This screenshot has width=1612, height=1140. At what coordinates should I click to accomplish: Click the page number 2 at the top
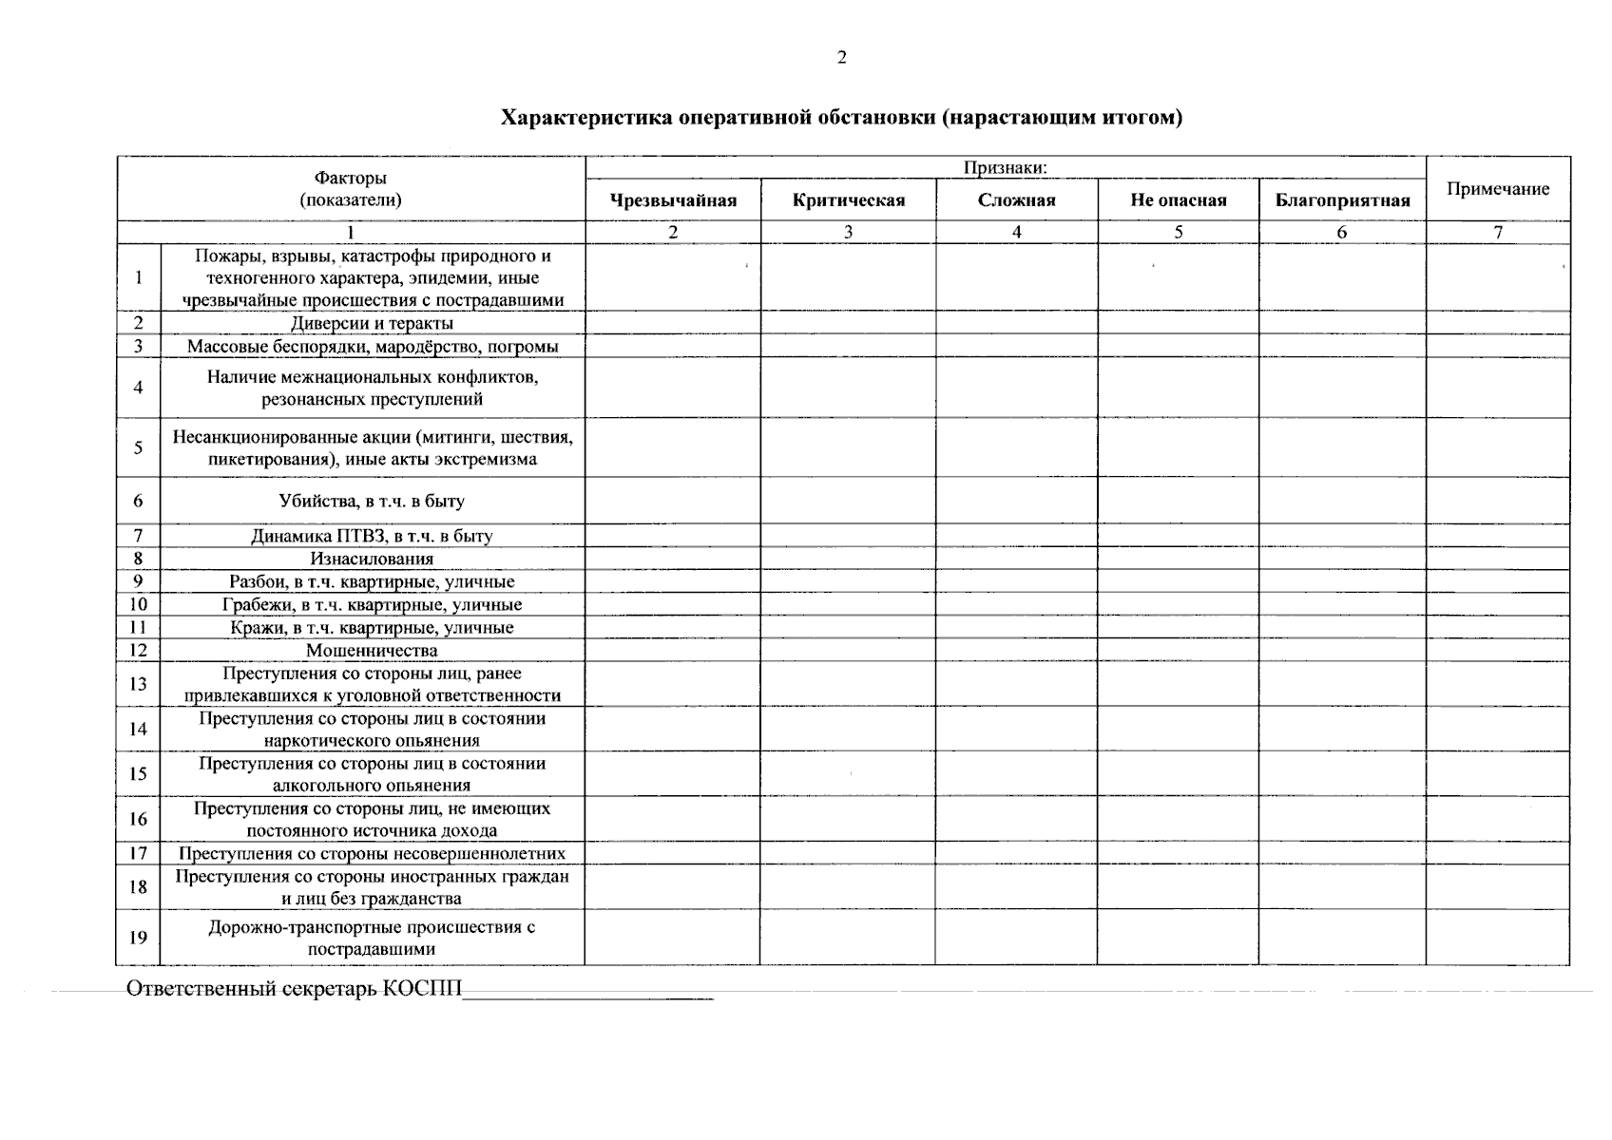pyautogui.click(x=841, y=58)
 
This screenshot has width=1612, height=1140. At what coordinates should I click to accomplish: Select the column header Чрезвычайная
pyautogui.click(x=673, y=200)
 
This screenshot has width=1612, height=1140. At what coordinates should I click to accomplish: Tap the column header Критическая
pyautogui.click(x=848, y=200)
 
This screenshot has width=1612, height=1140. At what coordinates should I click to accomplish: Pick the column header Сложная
pyautogui.click(x=1016, y=200)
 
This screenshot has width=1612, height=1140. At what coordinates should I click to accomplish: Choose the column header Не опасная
pyautogui.click(x=1178, y=200)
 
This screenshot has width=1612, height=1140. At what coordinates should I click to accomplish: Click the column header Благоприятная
pyautogui.click(x=1342, y=200)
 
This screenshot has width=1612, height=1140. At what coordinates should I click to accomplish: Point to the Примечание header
pyautogui.click(x=1497, y=189)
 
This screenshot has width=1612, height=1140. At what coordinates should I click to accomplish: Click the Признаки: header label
pyautogui.click(x=1006, y=168)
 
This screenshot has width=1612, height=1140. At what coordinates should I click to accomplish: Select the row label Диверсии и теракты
pyautogui.click(x=372, y=323)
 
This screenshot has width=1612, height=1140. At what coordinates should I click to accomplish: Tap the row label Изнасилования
pyautogui.click(x=372, y=559)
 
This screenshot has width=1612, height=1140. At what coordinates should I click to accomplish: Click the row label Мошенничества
pyautogui.click(x=372, y=651)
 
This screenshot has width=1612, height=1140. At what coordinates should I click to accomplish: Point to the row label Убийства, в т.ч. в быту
pyautogui.click(x=372, y=501)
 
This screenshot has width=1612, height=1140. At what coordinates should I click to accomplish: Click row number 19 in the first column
pyautogui.click(x=138, y=938)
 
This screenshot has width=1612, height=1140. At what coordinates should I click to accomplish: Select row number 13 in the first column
pyautogui.click(x=138, y=684)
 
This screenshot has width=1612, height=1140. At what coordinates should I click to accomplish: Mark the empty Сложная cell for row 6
pyautogui.click(x=1016, y=501)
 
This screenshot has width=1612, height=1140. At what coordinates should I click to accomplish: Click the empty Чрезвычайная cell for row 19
pyautogui.click(x=672, y=938)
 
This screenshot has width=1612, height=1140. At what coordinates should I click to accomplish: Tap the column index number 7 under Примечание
pyautogui.click(x=1497, y=233)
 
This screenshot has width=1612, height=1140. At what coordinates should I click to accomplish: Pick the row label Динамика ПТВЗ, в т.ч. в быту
pyautogui.click(x=372, y=536)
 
